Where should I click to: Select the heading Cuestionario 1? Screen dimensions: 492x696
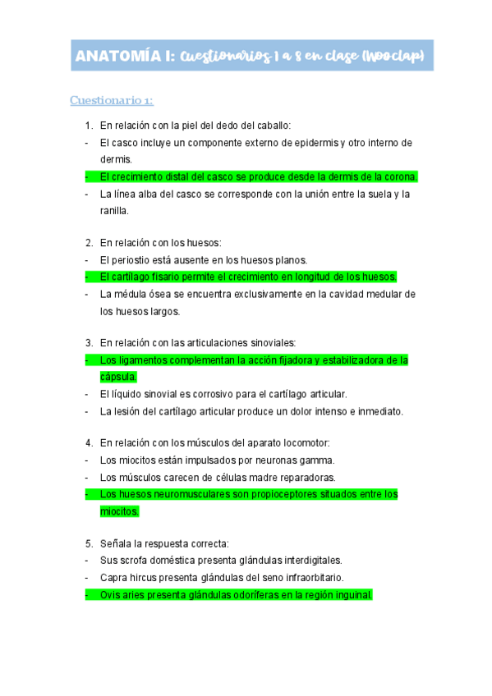(x=112, y=101)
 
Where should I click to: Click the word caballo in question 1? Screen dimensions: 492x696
(x=273, y=126)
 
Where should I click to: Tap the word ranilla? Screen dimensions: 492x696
(x=113, y=211)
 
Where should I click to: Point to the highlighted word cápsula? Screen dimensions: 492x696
(x=117, y=377)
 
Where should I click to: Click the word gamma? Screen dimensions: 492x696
(x=317, y=460)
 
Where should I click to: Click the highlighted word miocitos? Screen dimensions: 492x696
(x=118, y=511)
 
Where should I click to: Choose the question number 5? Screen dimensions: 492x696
(x=89, y=544)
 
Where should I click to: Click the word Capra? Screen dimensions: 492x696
(x=113, y=578)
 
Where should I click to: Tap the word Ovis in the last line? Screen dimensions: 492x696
(x=110, y=595)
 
